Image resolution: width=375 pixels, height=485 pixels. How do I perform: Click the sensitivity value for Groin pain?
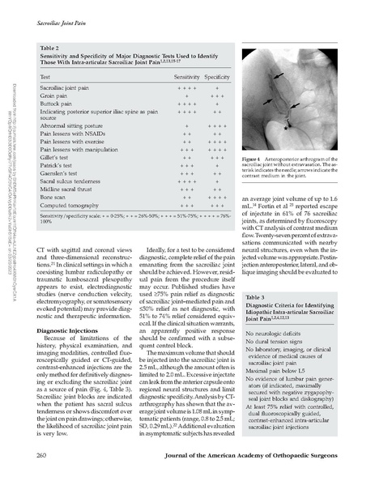click(186, 95)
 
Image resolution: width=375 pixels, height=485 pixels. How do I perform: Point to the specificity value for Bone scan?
click(215, 197)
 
